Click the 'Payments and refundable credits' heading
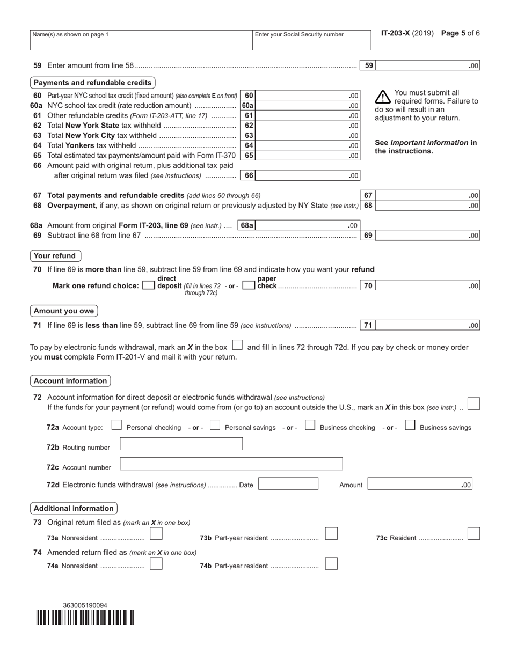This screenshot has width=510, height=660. (x=92, y=83)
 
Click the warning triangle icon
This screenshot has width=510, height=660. (x=382, y=97)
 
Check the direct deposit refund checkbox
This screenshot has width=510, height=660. (x=149, y=286)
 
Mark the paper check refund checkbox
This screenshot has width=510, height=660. (x=249, y=286)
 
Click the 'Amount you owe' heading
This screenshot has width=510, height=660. (x=64, y=311)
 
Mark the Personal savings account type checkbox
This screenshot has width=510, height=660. (x=215, y=426)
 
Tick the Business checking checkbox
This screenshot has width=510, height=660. (x=310, y=426)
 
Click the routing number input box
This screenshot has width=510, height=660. (x=181, y=444)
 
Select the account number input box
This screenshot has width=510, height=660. (x=231, y=464)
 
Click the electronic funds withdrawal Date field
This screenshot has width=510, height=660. (x=288, y=484)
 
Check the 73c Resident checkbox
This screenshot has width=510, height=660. (x=473, y=534)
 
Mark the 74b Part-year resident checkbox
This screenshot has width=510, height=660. (x=332, y=563)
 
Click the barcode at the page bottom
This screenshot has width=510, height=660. (x=85, y=618)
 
